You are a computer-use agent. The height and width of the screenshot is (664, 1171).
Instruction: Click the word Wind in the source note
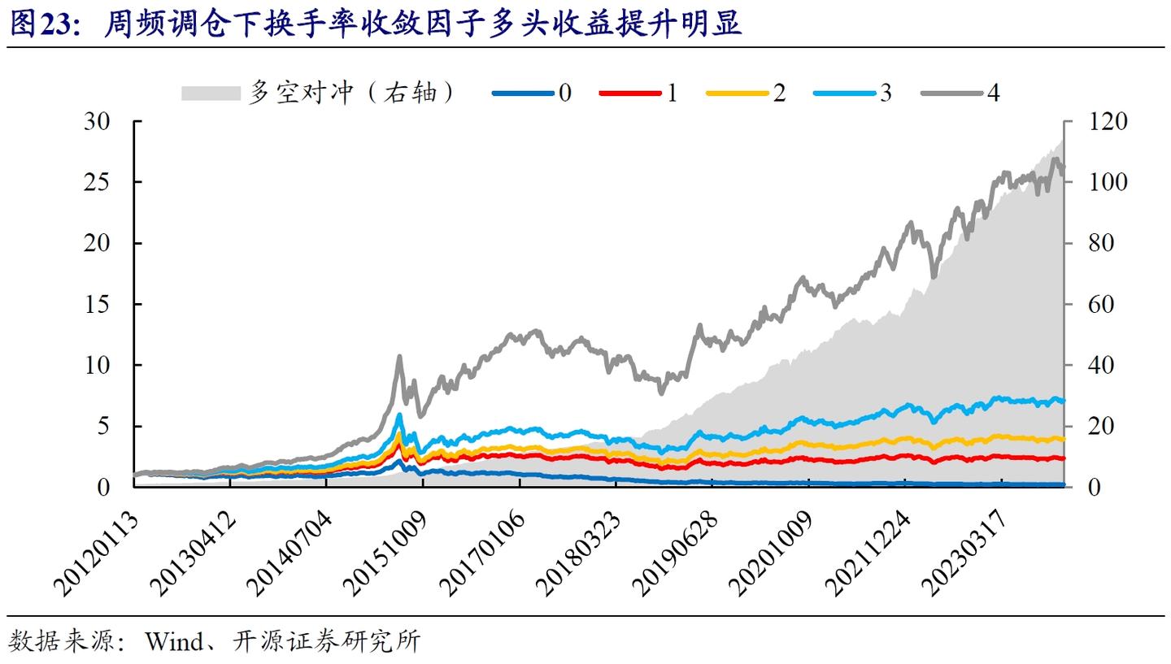[x=173, y=642]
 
